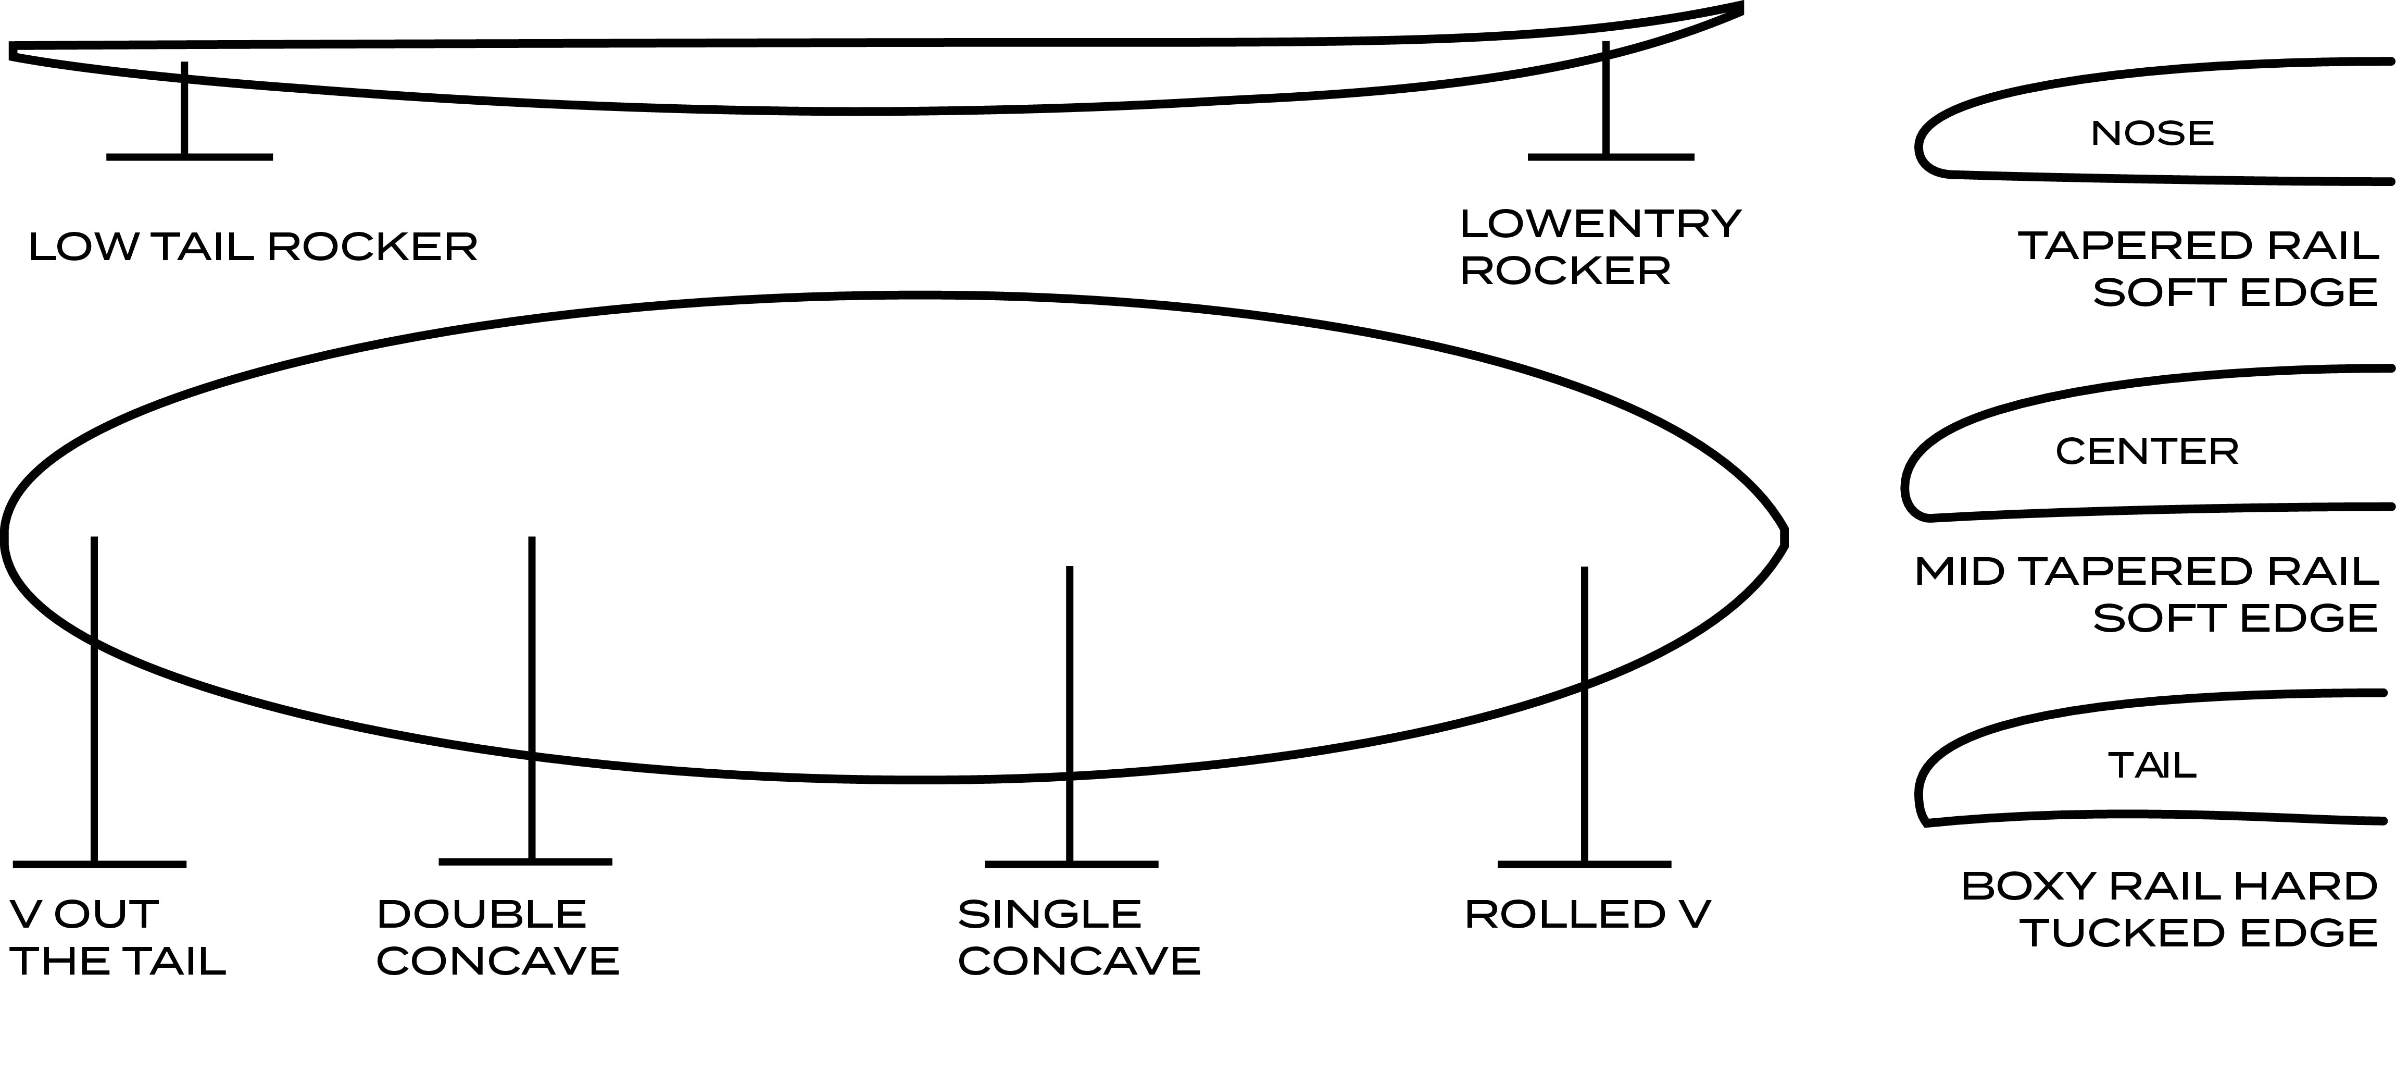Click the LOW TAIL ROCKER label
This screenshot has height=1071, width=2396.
(x=253, y=247)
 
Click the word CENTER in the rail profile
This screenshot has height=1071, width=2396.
(x=2147, y=451)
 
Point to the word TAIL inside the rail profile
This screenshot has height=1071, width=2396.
(x=2151, y=766)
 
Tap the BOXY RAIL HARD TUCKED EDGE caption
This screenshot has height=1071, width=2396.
(x=2169, y=909)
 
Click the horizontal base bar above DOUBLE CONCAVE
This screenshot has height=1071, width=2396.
(x=525, y=861)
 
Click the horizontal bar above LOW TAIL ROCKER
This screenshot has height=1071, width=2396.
(x=190, y=157)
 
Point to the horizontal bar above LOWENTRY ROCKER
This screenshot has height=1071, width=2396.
(x=1611, y=157)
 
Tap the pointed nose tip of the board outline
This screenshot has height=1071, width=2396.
(x=1784, y=537)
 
